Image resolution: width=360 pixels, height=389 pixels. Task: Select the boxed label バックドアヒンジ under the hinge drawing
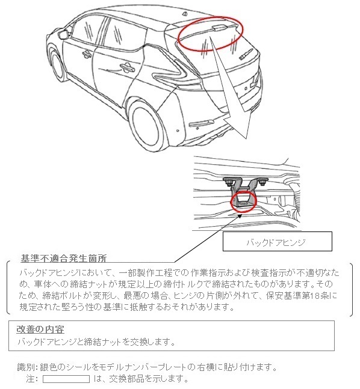click(278, 242)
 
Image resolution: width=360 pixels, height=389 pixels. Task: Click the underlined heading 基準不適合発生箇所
click(64, 259)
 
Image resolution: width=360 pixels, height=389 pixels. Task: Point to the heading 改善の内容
click(42, 329)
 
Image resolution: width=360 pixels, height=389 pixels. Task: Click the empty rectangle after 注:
click(66, 379)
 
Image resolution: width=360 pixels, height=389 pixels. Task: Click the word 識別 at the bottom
click(28, 367)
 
